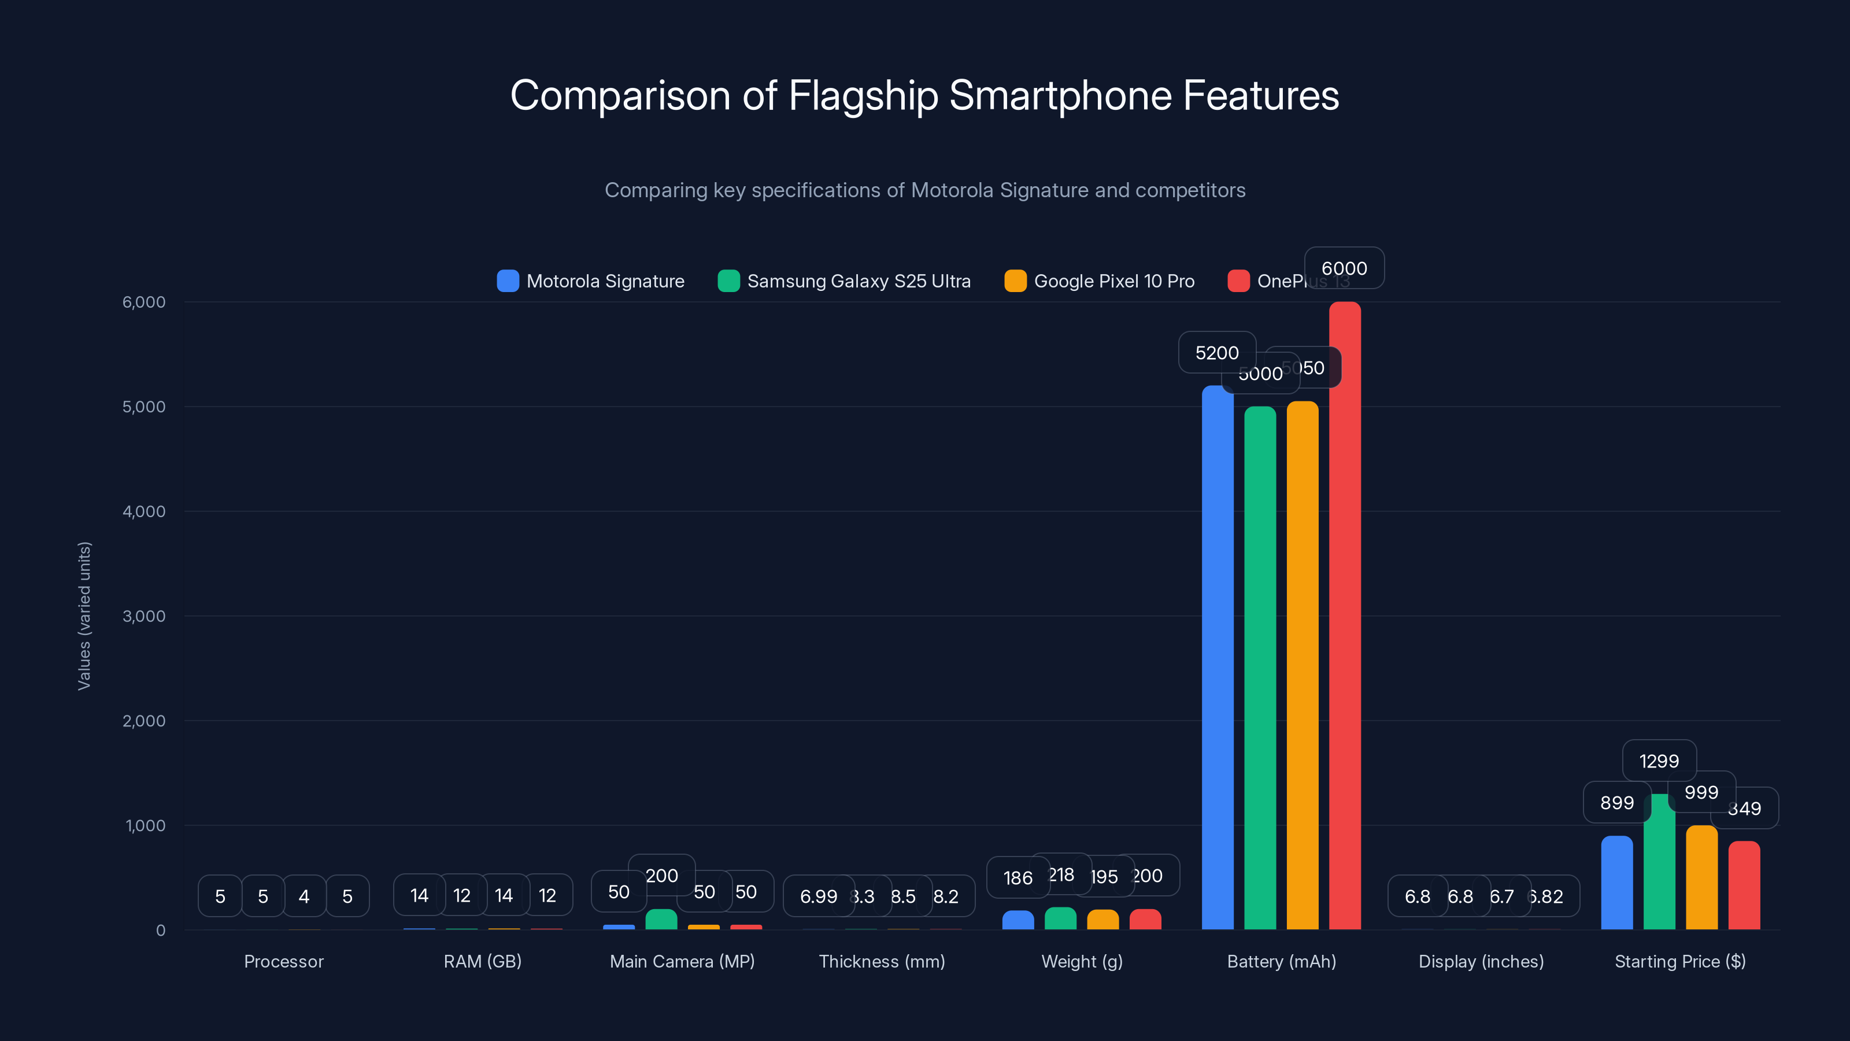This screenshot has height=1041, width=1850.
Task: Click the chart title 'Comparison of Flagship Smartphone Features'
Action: [x=924, y=95]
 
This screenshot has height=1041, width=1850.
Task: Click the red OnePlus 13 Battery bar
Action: [x=1344, y=618]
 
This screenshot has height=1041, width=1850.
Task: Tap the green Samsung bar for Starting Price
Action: [x=1659, y=862]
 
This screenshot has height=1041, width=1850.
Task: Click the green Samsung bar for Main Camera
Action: [x=661, y=920]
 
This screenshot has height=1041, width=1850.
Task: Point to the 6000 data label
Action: [x=1344, y=268]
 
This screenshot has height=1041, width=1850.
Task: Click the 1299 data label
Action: [x=1659, y=761]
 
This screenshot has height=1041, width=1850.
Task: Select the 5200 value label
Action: [x=1216, y=353]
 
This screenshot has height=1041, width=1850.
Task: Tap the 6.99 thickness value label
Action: [x=818, y=896]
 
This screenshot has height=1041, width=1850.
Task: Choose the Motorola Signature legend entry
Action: [x=591, y=281]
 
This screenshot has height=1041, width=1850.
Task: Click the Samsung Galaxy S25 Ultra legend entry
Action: [x=845, y=281]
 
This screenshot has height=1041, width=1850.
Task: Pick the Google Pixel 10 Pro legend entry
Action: [x=1100, y=281]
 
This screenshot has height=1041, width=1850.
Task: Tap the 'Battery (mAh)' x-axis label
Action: [x=1281, y=961]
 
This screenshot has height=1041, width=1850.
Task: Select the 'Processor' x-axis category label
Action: [x=284, y=961]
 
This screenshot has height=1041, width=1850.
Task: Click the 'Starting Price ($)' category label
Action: [x=1680, y=961]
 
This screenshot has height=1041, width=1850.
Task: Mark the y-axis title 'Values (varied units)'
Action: [x=84, y=616]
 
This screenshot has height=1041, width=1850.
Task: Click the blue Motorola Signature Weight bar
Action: [x=1017, y=920]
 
